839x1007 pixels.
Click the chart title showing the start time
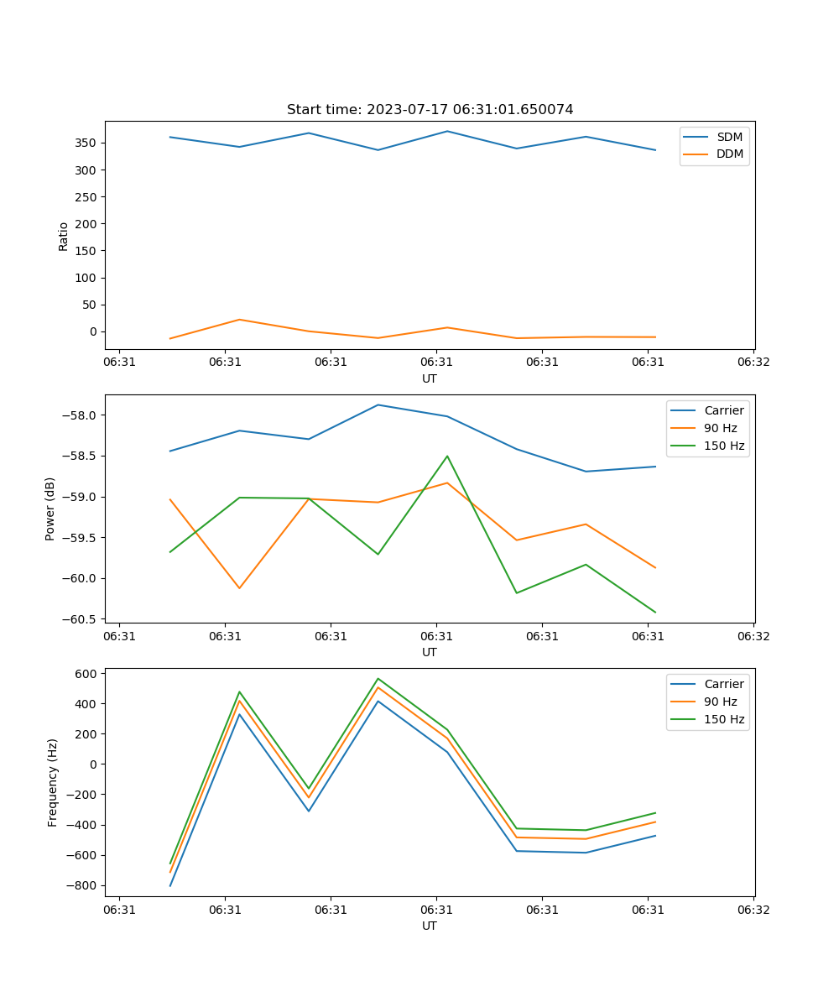[x=430, y=110]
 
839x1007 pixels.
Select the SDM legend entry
[x=729, y=137]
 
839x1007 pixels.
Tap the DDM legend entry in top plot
[x=729, y=154]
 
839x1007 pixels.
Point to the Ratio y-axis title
[x=64, y=236]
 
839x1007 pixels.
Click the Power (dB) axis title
[x=50, y=509]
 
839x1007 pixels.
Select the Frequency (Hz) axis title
[x=53, y=782]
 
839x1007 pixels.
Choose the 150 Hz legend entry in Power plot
[x=724, y=446]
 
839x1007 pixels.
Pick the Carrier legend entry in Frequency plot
[x=723, y=684]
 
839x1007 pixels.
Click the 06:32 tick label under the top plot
[x=753, y=363]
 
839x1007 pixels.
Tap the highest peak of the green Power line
[x=447, y=456]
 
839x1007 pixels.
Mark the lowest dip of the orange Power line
[x=239, y=588]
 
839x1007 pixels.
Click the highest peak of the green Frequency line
[x=378, y=678]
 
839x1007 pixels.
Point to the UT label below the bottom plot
[x=430, y=926]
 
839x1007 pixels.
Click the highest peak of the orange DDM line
[x=239, y=319]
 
